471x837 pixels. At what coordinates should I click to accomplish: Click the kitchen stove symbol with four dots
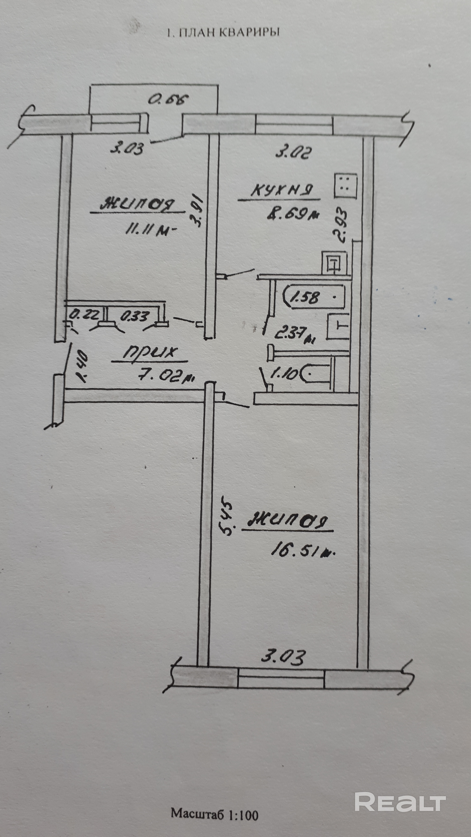pos(346,186)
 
